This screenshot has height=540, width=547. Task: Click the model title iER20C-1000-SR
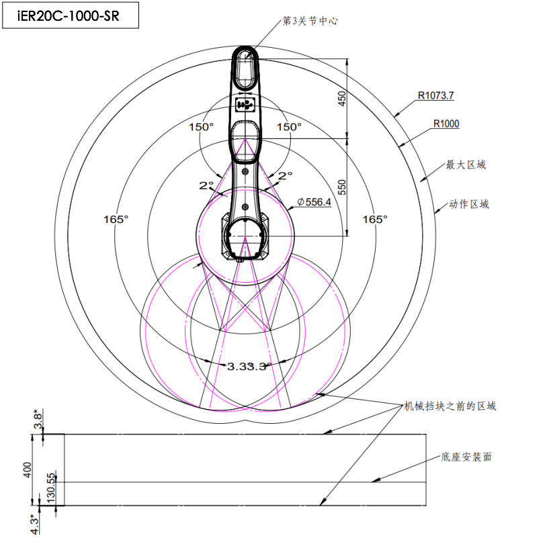pyautogui.click(x=69, y=16)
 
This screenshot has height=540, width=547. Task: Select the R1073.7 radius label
pyautogui.click(x=435, y=95)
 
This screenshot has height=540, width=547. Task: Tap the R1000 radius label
pyautogui.click(x=446, y=124)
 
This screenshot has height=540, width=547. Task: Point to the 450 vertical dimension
pyautogui.click(x=342, y=98)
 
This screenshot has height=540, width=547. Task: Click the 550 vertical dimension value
pyautogui.click(x=342, y=187)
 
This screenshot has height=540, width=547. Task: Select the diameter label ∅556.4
pyautogui.click(x=314, y=202)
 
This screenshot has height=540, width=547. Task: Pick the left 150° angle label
pyautogui.click(x=202, y=126)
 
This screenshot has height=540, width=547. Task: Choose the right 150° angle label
pyautogui.click(x=289, y=126)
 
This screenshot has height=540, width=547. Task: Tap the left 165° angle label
pyautogui.click(x=116, y=219)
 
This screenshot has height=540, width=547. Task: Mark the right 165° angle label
pyautogui.click(x=375, y=219)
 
